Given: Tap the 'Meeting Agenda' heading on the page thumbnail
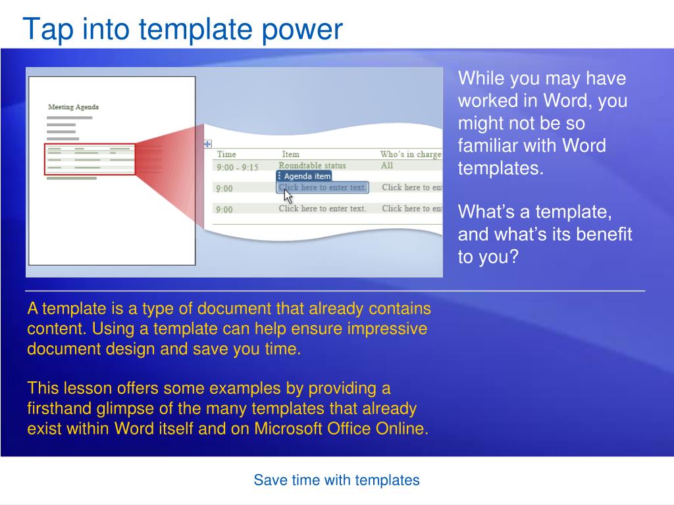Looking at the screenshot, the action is pos(74,107).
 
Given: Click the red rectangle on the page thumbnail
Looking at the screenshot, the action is pos(90,159).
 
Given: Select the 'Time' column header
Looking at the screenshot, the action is pos(226,154).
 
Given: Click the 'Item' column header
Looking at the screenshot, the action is pos(290,154).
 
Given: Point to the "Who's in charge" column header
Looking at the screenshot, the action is pos(411,154).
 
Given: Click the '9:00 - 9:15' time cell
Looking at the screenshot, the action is pos(237,167).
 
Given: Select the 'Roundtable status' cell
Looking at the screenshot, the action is pos(312,165).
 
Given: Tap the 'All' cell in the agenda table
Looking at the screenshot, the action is pos(387,165).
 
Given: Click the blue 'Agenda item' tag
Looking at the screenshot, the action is pos(304,176).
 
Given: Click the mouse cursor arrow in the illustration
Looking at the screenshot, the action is pos(288,196).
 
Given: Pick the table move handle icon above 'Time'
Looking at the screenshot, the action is pos(207,144).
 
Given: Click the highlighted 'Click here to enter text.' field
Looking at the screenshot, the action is pos(323,187).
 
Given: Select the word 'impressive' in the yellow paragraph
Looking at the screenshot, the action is pos(387,329).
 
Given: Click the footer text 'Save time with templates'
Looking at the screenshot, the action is pos(336,480).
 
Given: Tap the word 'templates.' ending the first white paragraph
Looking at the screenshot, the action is pos(501,168).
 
